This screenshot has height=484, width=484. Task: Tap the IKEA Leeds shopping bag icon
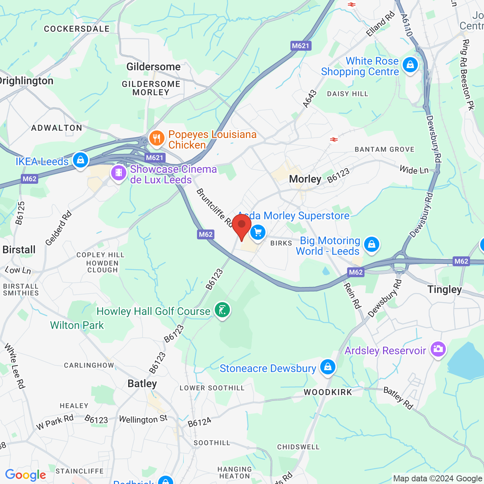point(80,160)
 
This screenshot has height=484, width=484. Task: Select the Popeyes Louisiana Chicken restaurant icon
point(157,138)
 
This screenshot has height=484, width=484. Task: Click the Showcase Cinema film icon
point(119,173)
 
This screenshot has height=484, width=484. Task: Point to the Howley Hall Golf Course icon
point(222,310)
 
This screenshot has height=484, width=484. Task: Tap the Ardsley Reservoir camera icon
point(438,349)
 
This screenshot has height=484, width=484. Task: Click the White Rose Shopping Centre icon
point(410,65)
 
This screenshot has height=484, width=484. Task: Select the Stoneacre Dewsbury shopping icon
point(327,367)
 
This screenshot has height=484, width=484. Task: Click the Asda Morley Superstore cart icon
point(258,232)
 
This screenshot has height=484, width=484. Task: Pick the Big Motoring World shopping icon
point(372,245)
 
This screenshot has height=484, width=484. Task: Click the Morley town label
point(305,179)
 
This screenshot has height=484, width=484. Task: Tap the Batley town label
point(142,384)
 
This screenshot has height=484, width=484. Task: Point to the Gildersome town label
point(154,67)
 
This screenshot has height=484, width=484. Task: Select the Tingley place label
point(445,290)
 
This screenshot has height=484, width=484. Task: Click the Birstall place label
point(19,250)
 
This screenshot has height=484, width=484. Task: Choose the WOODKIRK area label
point(328,392)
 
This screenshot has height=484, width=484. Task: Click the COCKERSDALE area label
point(77,29)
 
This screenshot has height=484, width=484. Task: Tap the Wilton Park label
point(77,325)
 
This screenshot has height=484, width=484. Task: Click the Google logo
point(25,475)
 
